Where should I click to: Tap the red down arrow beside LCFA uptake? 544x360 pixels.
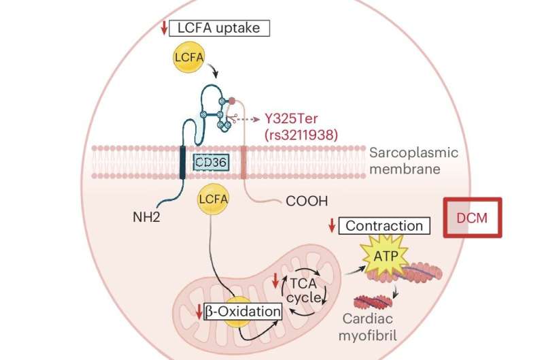point(164,28)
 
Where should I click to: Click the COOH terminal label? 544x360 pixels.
point(302,201)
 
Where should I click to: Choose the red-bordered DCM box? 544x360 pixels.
point(473,218)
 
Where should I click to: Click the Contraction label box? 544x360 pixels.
point(385,225)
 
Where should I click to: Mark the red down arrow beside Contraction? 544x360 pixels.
point(331,225)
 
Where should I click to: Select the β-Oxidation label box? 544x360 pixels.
point(241,312)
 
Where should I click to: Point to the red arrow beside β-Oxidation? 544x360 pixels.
point(198,312)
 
